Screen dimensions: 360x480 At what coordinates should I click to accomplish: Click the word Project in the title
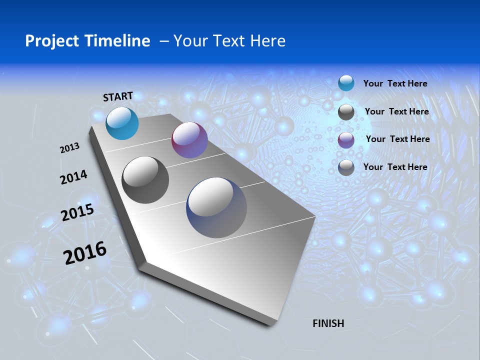coord(50,41)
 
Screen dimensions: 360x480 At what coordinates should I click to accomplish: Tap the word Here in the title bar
coord(267,41)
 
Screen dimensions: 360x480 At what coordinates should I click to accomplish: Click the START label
coord(118,96)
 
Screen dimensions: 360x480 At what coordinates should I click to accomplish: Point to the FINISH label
coord(328,323)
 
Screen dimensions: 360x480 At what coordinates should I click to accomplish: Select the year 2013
coord(69,148)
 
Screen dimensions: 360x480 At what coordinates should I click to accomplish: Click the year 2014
coord(73,177)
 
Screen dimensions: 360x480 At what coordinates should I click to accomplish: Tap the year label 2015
coord(77,212)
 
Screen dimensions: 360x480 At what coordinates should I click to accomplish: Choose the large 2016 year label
coord(85,253)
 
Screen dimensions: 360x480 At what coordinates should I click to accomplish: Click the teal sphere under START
coord(122,123)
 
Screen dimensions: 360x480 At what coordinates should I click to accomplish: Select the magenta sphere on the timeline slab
coord(189,140)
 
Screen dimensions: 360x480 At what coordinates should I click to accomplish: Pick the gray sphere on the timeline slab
coord(145,180)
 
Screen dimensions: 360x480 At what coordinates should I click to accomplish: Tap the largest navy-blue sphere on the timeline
coord(216,207)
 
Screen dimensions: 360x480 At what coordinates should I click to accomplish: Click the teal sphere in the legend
coord(346,83)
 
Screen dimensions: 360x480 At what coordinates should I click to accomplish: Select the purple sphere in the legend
coord(346,140)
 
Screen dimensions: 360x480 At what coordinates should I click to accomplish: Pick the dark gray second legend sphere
coord(346,112)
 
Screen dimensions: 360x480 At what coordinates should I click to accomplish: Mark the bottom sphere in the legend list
coord(346,168)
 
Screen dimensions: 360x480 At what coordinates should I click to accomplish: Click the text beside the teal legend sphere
coord(395,83)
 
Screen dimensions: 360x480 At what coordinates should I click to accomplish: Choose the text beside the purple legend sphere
coord(397,139)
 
